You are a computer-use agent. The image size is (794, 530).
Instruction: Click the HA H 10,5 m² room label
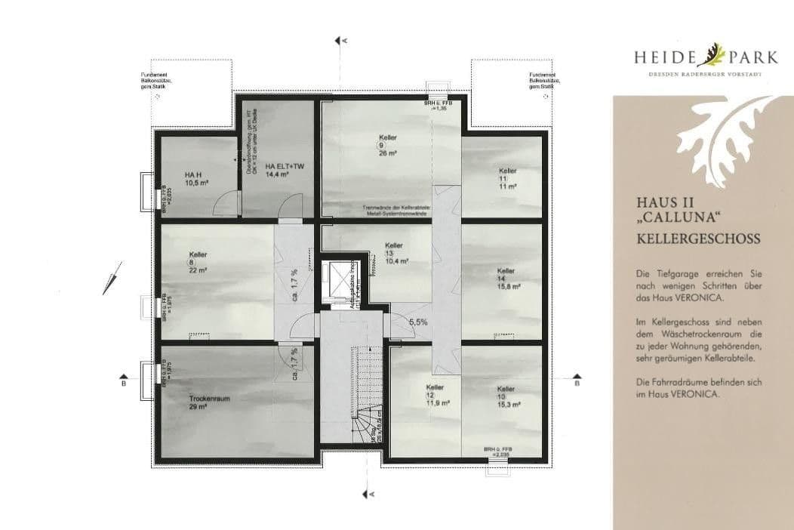(x=194, y=179)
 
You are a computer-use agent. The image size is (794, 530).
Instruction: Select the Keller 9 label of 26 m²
(x=388, y=144)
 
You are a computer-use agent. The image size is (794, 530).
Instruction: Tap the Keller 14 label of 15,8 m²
(x=506, y=278)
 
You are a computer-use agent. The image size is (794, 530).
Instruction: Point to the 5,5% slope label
(x=418, y=322)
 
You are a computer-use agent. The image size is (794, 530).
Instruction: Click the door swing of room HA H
(x=224, y=202)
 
